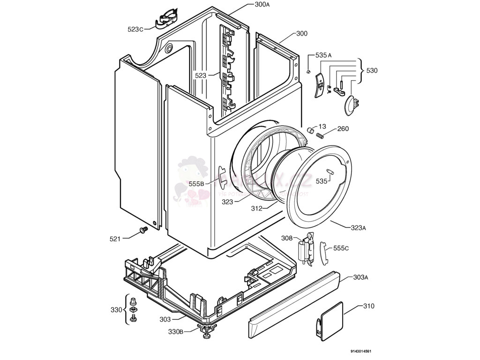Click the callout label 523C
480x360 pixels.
(x=135, y=29)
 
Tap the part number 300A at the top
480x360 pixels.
(x=262, y=4)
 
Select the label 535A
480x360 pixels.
(x=323, y=55)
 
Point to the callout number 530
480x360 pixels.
(x=372, y=71)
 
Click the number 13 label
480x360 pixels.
(x=322, y=127)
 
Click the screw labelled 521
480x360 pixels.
(x=143, y=230)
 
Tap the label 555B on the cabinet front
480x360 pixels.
(x=196, y=184)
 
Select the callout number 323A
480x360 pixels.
(x=358, y=228)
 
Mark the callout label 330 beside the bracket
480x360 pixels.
(x=116, y=310)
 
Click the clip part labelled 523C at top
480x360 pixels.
(x=166, y=19)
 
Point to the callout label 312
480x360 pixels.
(x=256, y=208)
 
